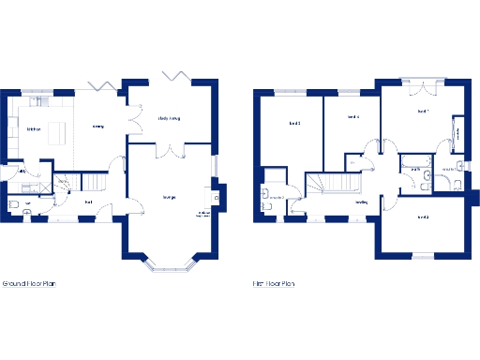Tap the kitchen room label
(x=33, y=129)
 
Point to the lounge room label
(x=170, y=197)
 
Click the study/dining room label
(x=170, y=119)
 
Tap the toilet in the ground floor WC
(x=13, y=205)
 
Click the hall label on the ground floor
(x=88, y=202)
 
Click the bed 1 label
(x=423, y=112)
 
